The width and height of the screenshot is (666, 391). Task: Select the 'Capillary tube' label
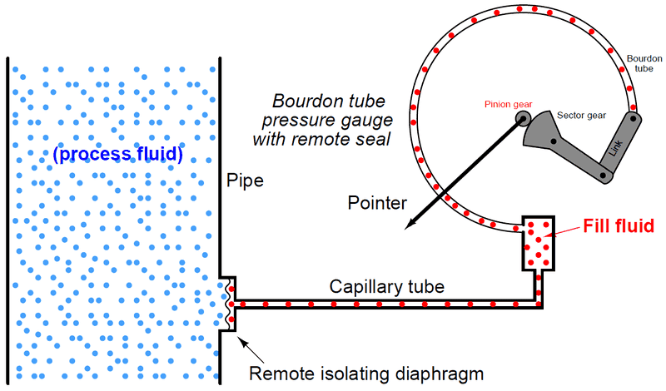pyautogui.click(x=386, y=287)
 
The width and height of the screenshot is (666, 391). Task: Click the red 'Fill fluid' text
pyautogui.click(x=619, y=225)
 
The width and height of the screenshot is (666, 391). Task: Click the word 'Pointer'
pyautogui.click(x=377, y=203)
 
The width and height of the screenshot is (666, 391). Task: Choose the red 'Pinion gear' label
pyautogui.click(x=507, y=106)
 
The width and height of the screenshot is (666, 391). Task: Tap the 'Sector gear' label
pyautogui.click(x=582, y=116)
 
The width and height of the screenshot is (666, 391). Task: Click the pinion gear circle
pyautogui.click(x=523, y=118)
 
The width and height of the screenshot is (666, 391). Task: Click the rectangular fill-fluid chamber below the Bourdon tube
pyautogui.click(x=539, y=241)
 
